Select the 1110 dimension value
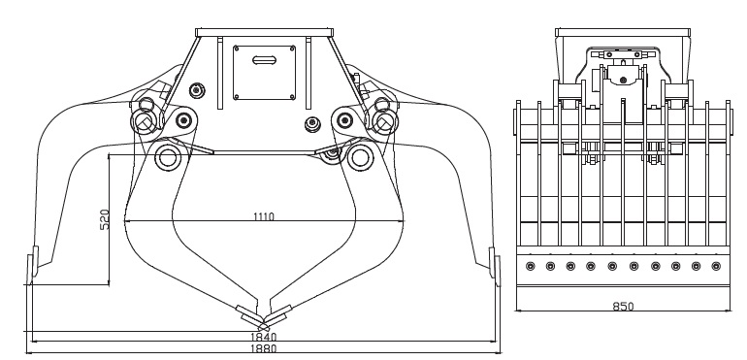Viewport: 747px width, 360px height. coord(263,216)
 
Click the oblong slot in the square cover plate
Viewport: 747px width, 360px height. coord(262,60)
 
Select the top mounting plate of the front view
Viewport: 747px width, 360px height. coord(265,33)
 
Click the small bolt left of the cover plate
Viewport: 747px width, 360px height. coord(198,90)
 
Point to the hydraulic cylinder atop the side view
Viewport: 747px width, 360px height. coord(621,56)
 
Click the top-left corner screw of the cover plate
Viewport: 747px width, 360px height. coord(239,44)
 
